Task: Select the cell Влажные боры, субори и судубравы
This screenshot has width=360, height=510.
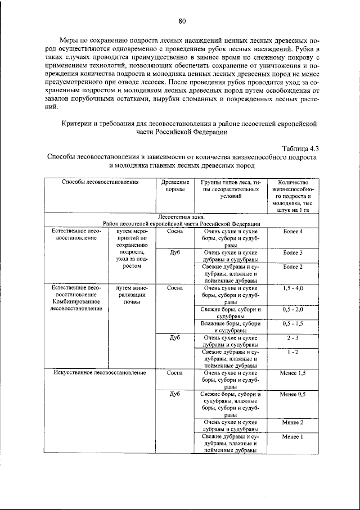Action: (x=231, y=327)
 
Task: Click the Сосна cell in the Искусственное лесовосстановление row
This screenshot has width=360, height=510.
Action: (x=174, y=373)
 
